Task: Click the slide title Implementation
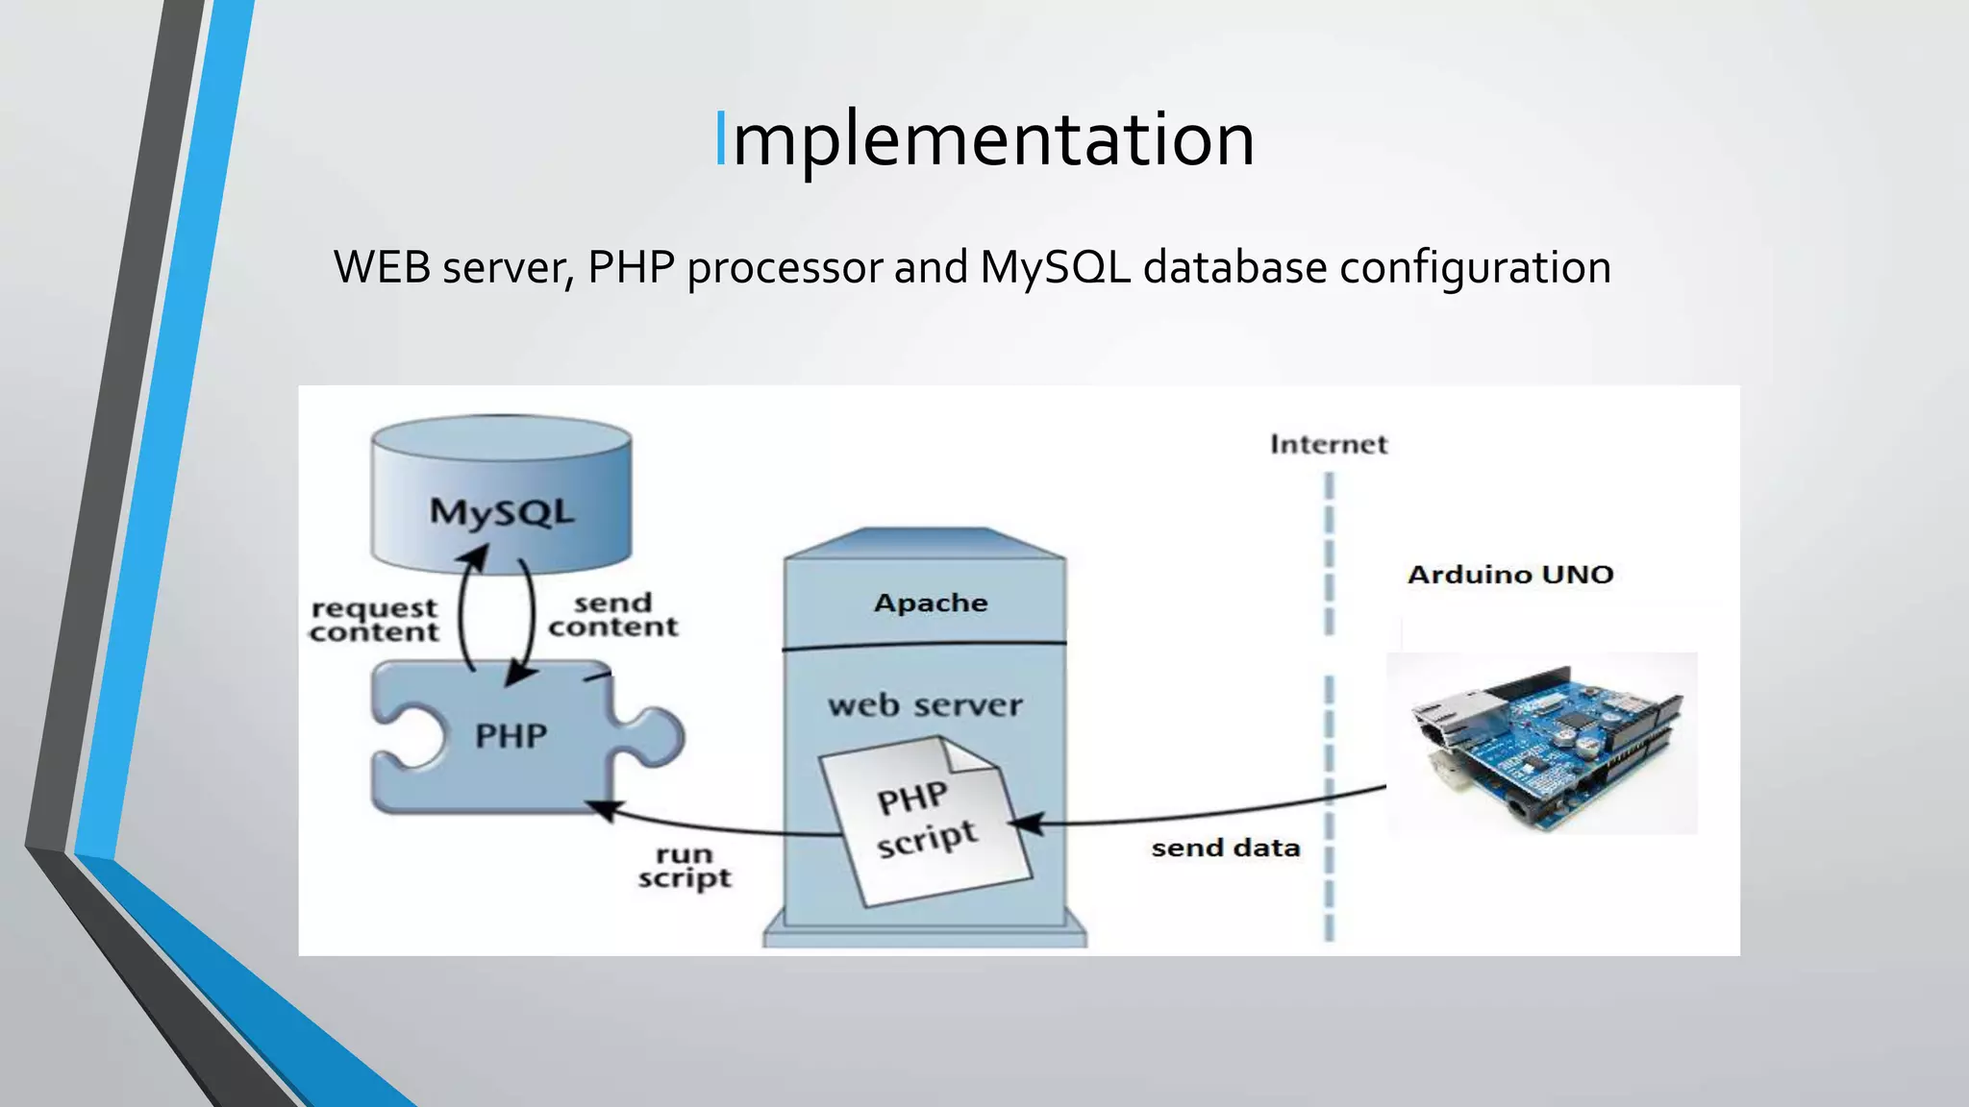coord(984,140)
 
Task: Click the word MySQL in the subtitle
coord(1056,268)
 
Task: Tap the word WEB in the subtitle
coord(382,268)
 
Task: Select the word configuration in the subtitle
coord(1475,268)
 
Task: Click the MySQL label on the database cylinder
coord(501,511)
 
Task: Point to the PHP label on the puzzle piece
coord(511,736)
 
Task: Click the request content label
coord(374,620)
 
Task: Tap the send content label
coord(612,615)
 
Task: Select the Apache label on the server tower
coord(930,603)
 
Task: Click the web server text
coord(925,705)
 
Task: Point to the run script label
coord(684,866)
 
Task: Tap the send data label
coord(1225,848)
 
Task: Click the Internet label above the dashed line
coord(1329,444)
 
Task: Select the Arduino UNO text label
coord(1509,575)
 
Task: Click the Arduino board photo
coord(1542,744)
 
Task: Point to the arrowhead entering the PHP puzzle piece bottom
coord(604,810)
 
